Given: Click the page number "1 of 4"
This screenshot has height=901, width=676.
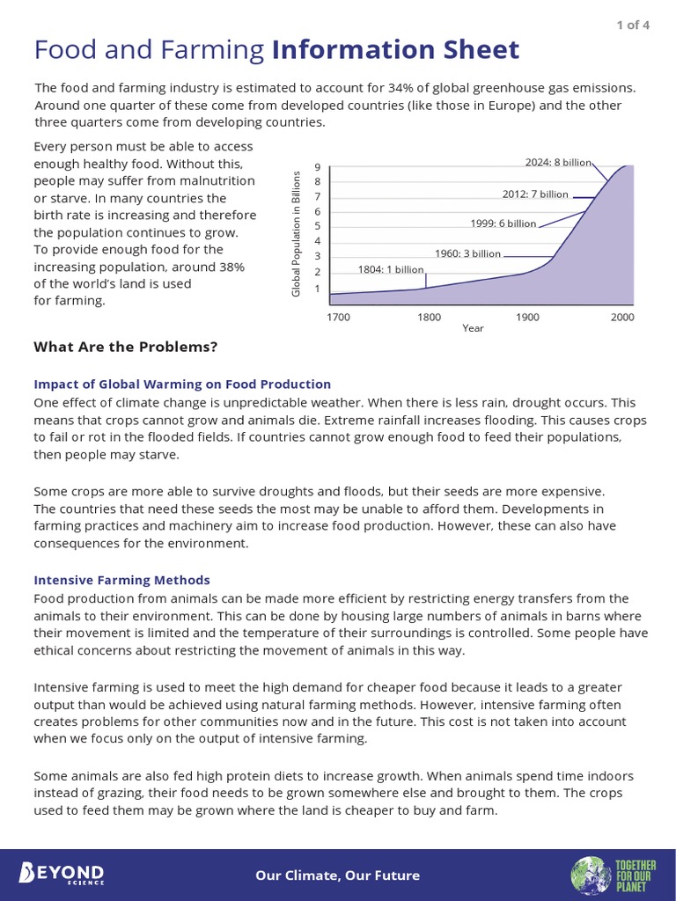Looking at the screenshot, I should (x=633, y=24).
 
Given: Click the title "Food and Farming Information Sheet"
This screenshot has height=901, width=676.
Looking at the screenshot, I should (x=276, y=50).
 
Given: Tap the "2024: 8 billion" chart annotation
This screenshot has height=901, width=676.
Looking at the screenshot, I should (x=558, y=163).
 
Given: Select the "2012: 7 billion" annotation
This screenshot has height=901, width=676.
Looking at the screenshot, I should (x=535, y=194).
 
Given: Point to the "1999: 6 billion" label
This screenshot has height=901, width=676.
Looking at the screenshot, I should (x=503, y=223).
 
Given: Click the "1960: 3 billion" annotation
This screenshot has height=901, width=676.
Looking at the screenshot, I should (x=467, y=253).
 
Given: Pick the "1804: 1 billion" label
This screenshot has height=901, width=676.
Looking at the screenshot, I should (x=391, y=269).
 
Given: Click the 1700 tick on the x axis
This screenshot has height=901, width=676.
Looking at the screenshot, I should (x=337, y=317).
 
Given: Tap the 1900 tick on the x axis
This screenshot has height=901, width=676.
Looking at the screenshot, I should (x=527, y=317).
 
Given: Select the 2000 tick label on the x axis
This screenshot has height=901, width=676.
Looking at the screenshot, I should (x=623, y=317).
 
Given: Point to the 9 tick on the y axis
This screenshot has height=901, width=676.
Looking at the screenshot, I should (x=317, y=167).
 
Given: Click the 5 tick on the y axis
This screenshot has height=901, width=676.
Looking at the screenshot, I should (x=317, y=227).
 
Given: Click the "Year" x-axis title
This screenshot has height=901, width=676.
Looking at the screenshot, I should (x=473, y=328).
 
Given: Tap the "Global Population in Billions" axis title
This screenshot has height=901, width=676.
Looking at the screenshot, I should (x=297, y=234).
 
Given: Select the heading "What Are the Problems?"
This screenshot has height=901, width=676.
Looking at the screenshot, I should (x=125, y=347).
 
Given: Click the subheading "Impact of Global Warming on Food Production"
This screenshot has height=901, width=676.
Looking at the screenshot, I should (x=182, y=385).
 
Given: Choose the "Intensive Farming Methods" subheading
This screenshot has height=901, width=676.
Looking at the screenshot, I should (x=121, y=580).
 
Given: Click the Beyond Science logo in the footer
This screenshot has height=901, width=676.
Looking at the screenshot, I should (x=62, y=874).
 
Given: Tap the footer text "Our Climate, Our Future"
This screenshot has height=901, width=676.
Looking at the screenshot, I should (x=338, y=875).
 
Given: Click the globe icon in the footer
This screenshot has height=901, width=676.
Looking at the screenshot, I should (x=587, y=875).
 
